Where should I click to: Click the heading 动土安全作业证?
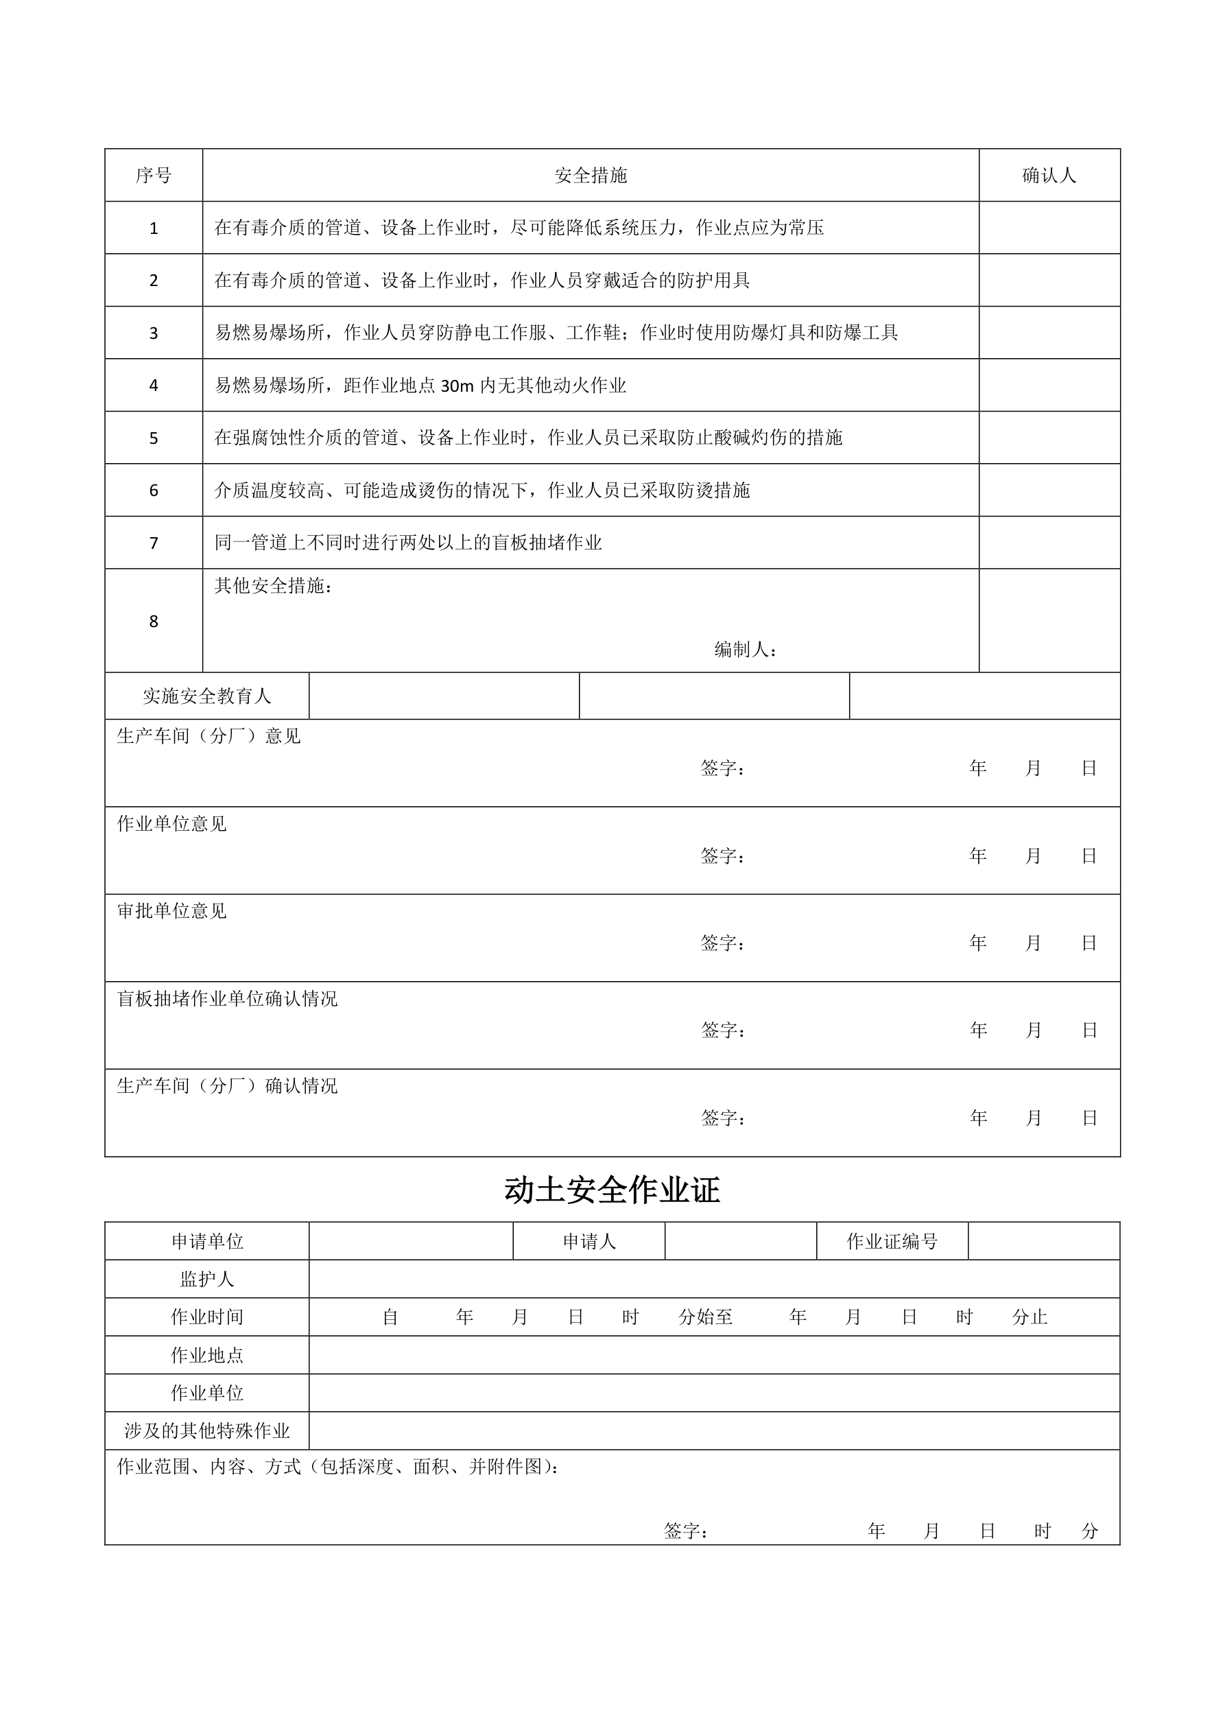click(611, 1190)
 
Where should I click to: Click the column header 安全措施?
click(591, 176)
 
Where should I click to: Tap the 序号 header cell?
click(153, 176)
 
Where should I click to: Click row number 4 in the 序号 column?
click(153, 386)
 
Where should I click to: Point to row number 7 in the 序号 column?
click(153, 543)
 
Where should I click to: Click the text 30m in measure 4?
click(457, 386)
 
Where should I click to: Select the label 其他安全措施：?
click(273, 586)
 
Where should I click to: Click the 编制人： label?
click(745, 649)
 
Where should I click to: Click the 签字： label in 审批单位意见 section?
click(722, 943)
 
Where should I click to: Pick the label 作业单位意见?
click(171, 823)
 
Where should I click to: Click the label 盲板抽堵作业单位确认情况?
click(227, 999)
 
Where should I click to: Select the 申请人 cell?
click(588, 1242)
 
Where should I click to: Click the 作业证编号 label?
click(892, 1242)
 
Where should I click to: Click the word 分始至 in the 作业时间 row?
click(705, 1317)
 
